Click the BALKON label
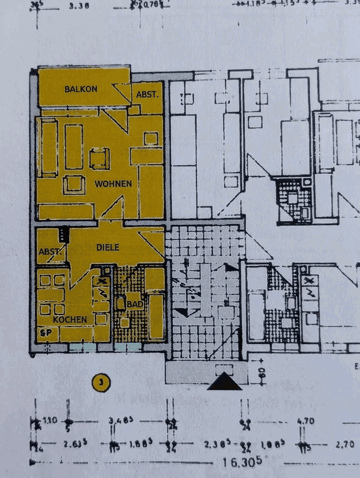(81, 89)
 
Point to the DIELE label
(108, 247)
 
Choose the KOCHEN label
(70, 319)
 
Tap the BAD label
(135, 304)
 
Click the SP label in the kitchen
(44, 333)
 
